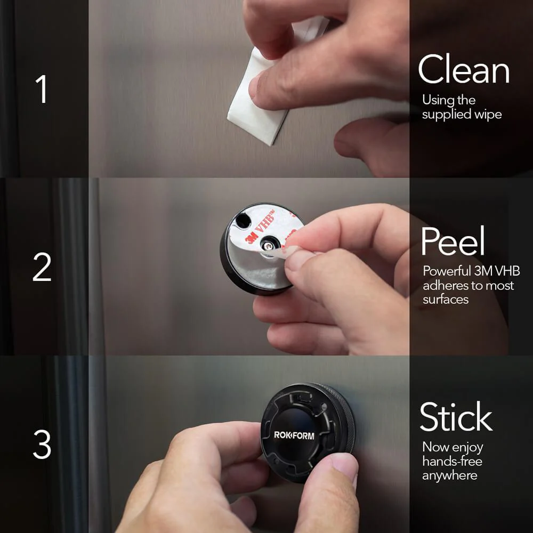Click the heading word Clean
click(463, 70)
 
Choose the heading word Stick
click(456, 417)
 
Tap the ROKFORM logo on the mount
click(294, 435)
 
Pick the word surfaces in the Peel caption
click(446, 300)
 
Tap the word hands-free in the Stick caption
click(452, 461)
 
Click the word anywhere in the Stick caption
click(449, 475)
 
